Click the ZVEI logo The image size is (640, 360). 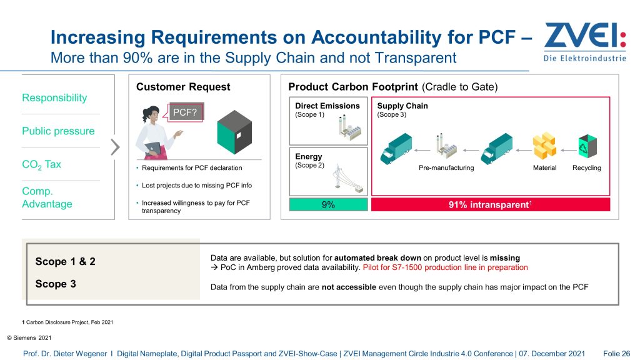pyautogui.click(x=585, y=42)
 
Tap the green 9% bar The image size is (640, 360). pyautogui.click(x=328, y=204)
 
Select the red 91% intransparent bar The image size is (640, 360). pyautogui.click(x=490, y=204)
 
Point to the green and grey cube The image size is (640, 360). pyautogui.click(x=234, y=132)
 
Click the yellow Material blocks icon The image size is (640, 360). pyautogui.click(x=544, y=146)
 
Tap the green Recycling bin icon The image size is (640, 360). pyautogui.click(x=587, y=146)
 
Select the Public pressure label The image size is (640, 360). pyautogui.click(x=58, y=131)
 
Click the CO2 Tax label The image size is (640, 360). pyautogui.click(x=41, y=164)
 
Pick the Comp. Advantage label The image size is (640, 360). pyautogui.click(x=47, y=197)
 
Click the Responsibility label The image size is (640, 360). pyautogui.click(x=54, y=98)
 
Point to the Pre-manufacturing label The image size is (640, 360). pyautogui.click(x=446, y=167)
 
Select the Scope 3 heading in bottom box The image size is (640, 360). pyautogui.click(x=56, y=284)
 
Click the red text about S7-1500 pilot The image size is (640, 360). pyautogui.click(x=445, y=267)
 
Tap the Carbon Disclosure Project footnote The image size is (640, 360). pyautogui.click(x=67, y=322)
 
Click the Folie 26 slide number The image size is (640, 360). pyautogui.click(x=616, y=354)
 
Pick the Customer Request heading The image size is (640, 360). pyautogui.click(x=183, y=87)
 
